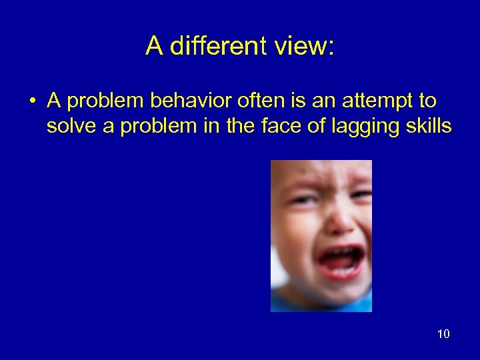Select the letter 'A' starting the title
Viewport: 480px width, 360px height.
(154, 46)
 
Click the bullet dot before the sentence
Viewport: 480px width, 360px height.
(32, 102)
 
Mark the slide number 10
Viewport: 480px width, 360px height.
(443, 333)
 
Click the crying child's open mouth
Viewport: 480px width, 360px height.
(339, 260)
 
